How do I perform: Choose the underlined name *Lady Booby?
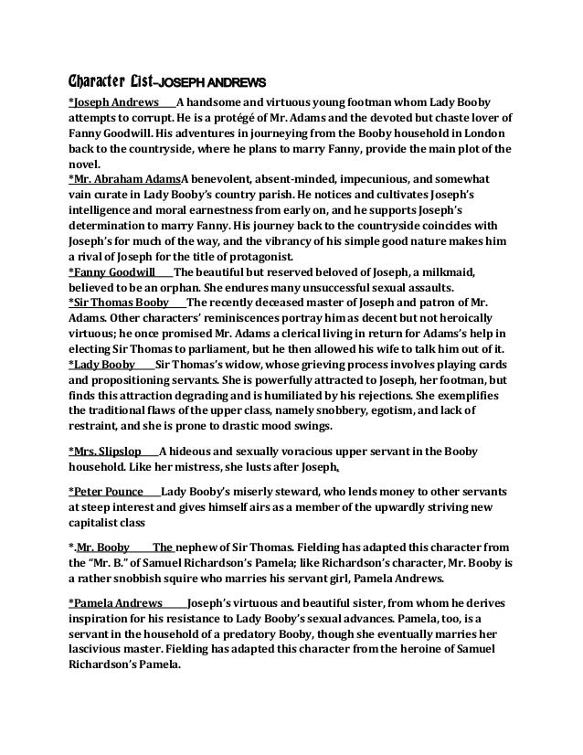102,364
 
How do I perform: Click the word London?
489,133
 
